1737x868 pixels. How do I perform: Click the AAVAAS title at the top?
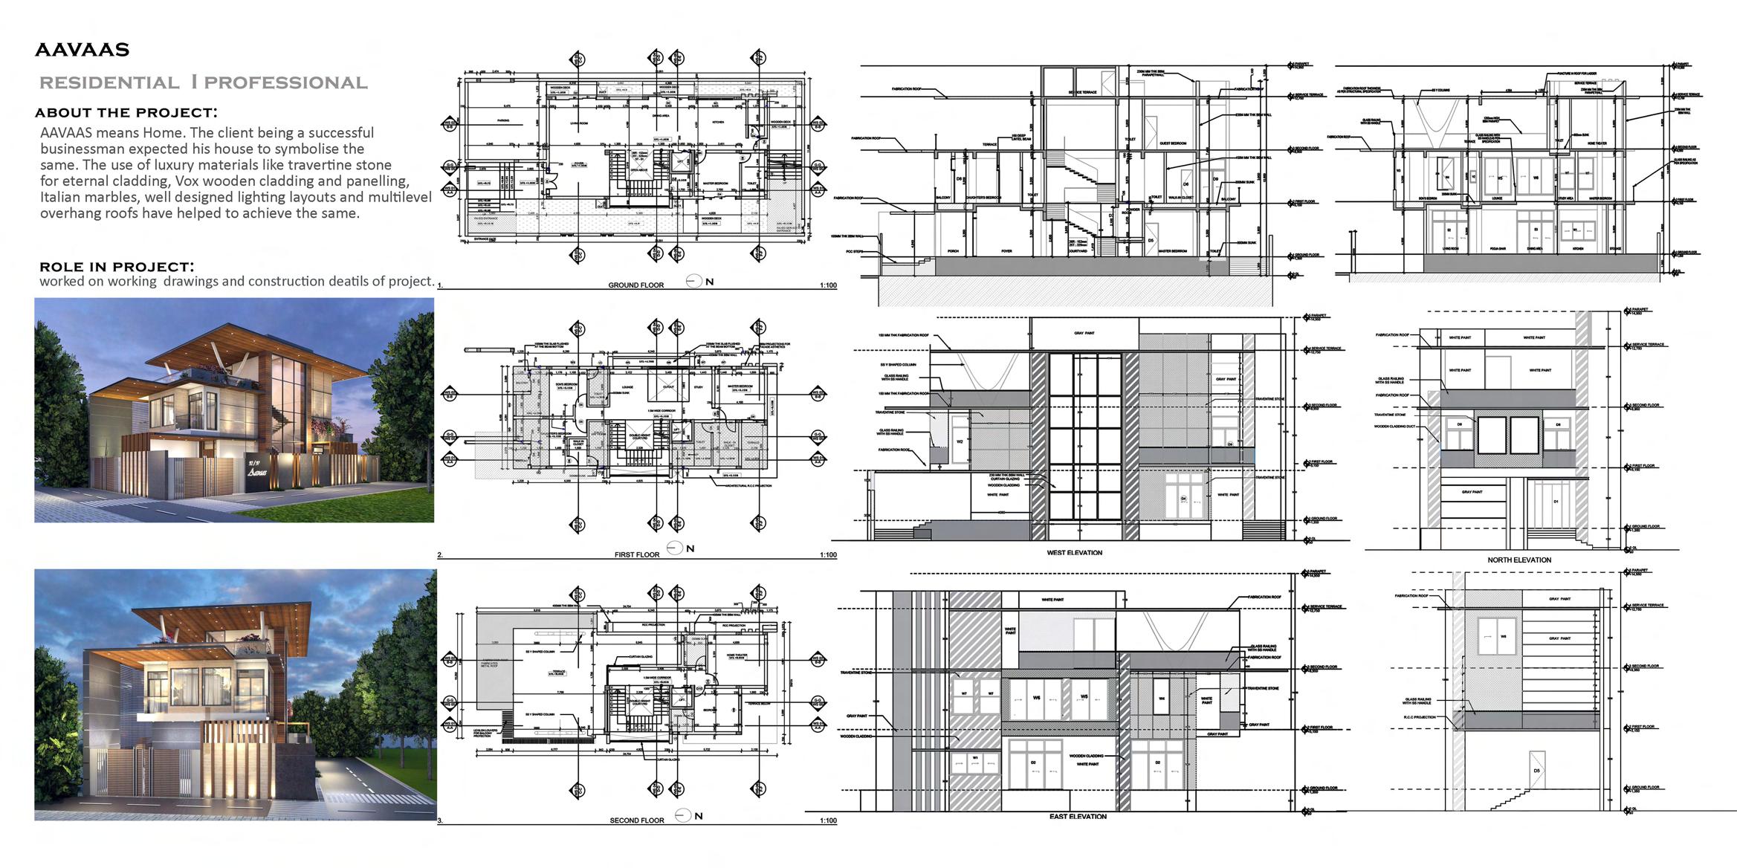82,51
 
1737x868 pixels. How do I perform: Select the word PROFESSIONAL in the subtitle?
286,83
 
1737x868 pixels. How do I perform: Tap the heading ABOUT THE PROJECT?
126,113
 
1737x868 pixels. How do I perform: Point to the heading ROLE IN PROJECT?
117,266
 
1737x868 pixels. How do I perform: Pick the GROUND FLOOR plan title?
635,285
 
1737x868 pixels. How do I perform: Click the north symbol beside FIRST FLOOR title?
675,548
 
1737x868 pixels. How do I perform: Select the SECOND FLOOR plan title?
636,820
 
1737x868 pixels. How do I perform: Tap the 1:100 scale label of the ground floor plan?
827,285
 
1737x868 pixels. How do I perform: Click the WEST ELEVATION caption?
1074,553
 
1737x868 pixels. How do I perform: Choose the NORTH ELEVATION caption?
1519,560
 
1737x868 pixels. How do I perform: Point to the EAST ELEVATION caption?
1078,817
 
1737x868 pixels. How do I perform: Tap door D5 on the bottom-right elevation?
1536,771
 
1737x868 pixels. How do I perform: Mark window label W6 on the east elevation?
1035,698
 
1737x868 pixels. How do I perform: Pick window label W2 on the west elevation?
960,441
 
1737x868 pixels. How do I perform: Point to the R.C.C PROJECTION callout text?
1419,717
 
